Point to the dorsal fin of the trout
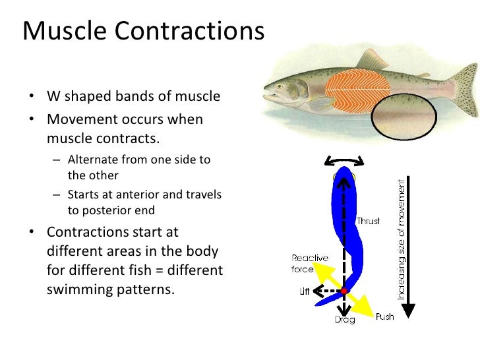click(373, 59)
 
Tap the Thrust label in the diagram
click(368, 221)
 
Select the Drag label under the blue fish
click(344, 319)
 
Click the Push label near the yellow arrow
click(384, 317)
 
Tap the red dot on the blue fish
click(344, 290)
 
